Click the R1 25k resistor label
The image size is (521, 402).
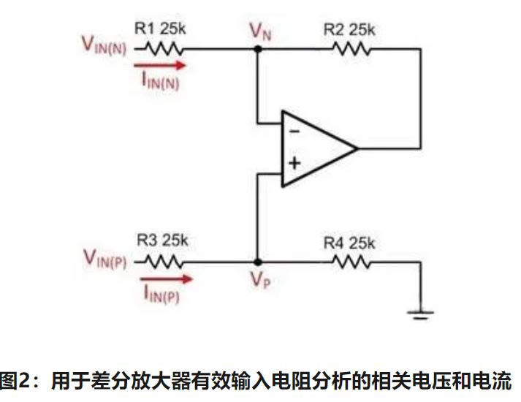pyautogui.click(x=161, y=30)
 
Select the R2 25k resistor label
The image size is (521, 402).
pyautogui.click(x=349, y=30)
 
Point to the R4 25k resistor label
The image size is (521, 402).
pyautogui.click(x=349, y=240)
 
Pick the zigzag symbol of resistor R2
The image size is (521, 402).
pyautogui.click(x=351, y=49)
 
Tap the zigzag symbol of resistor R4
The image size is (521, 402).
pyautogui.click(x=351, y=261)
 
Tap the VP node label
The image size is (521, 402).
pyautogui.click(x=259, y=281)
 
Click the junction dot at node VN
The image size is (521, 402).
pyautogui.click(x=257, y=49)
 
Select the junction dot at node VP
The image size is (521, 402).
pyautogui.click(x=257, y=261)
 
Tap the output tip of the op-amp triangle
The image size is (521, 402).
pyautogui.click(x=357, y=148)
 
